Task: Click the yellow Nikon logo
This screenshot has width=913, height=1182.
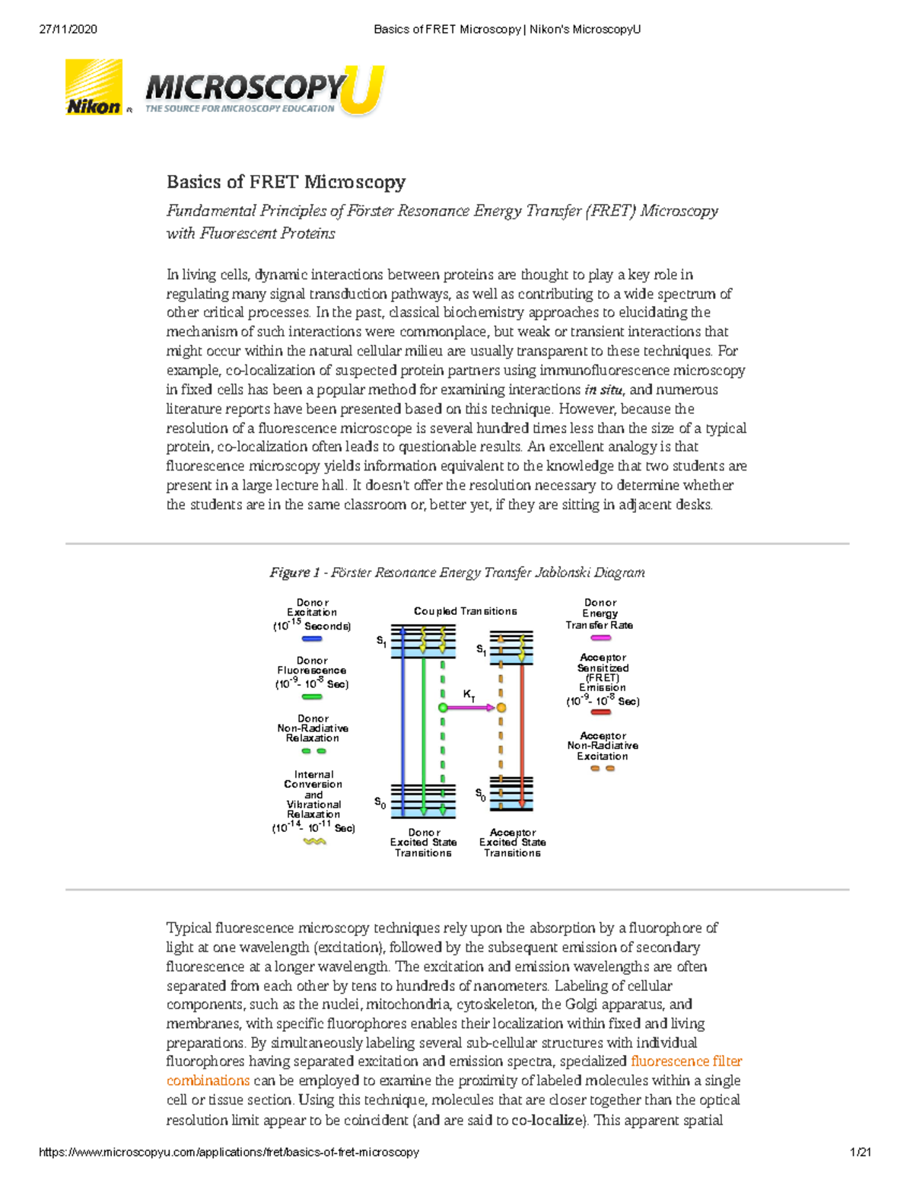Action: (94, 88)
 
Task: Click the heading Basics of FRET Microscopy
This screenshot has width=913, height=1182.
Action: (285, 182)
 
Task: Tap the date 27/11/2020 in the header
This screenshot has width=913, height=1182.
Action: (68, 30)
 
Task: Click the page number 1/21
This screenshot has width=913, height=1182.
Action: (861, 1152)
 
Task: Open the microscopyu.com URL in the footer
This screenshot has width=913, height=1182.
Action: (229, 1152)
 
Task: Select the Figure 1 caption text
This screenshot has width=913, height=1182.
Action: (456, 572)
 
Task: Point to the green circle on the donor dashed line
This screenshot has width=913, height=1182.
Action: (443, 708)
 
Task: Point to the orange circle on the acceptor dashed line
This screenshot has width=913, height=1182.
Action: (501, 708)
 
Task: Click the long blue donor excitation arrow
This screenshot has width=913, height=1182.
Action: (403, 723)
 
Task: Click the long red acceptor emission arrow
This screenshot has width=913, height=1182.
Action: (522, 731)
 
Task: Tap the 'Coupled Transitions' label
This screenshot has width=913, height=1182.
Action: (465, 611)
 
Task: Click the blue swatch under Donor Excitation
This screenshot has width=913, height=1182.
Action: (312, 639)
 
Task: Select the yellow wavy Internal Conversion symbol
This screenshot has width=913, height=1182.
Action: (314, 842)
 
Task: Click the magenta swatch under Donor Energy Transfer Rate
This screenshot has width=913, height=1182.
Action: (600, 638)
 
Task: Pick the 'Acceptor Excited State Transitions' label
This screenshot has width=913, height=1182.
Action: (512, 843)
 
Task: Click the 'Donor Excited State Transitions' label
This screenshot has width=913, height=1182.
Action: (423, 843)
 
